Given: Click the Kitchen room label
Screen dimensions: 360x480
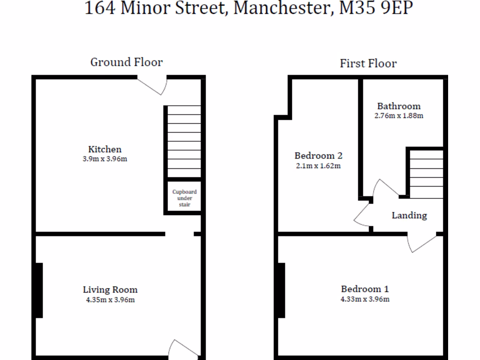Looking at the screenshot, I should [x=105, y=149].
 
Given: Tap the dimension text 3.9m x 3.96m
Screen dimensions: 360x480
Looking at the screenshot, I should [x=105, y=159].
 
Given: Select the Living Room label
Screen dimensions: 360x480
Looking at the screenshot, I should [x=110, y=290].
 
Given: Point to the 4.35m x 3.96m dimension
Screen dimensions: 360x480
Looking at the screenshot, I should [x=110, y=300].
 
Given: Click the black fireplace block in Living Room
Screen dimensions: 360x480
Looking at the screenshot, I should [x=39, y=290].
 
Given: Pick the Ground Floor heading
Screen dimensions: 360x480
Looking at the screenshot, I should [x=127, y=62].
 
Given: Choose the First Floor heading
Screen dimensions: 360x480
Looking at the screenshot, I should [x=368, y=63].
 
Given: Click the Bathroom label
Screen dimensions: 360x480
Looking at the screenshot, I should [x=399, y=106].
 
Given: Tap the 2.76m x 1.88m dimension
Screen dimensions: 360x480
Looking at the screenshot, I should [x=399, y=115].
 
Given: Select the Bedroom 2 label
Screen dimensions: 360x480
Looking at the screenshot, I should [x=318, y=156].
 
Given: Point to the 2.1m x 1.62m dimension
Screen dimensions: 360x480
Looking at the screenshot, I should [x=318, y=165].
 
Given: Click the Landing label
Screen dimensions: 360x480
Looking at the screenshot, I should [x=409, y=215].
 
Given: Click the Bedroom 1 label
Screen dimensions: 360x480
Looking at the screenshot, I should [x=365, y=289].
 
